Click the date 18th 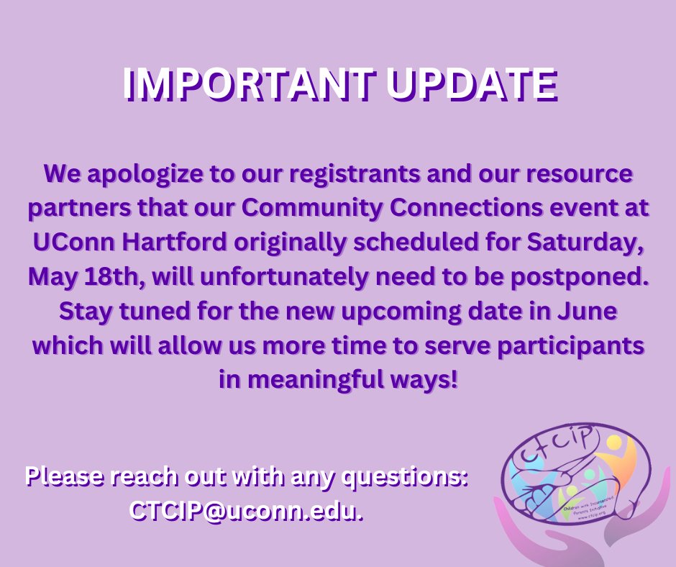tap(98, 276)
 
